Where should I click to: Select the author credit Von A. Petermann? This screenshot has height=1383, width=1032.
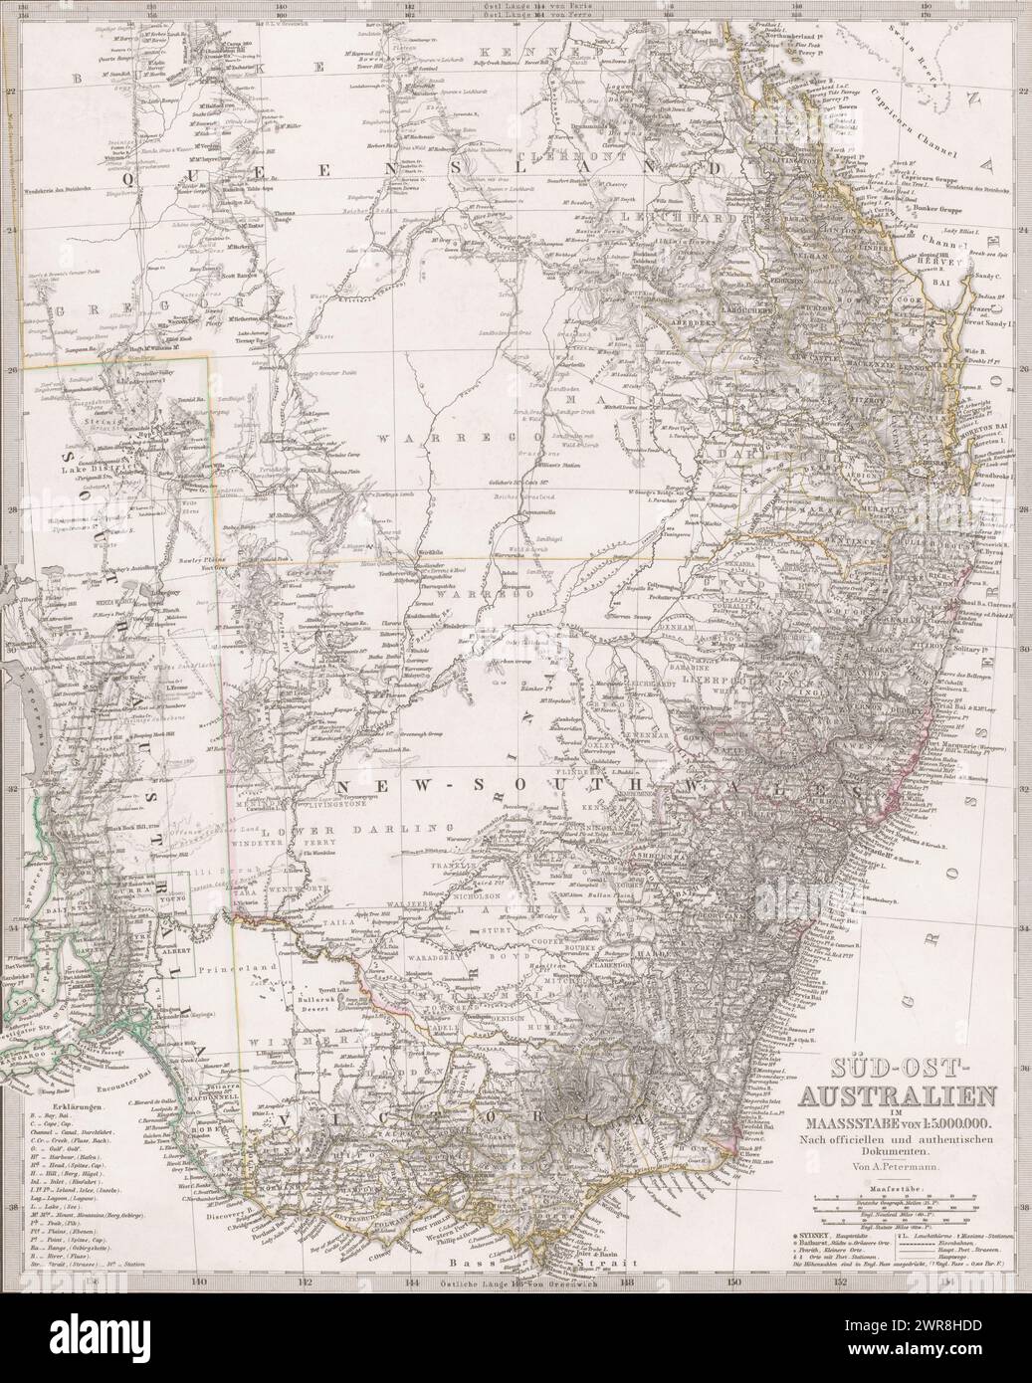pyautogui.click(x=902, y=1160)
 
